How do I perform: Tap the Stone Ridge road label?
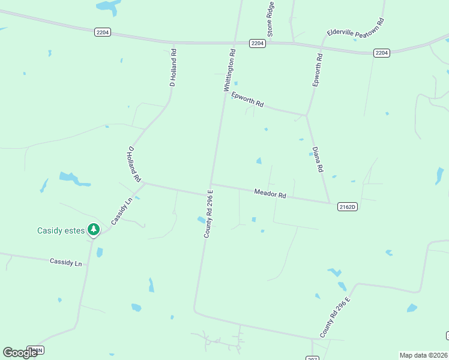(x=271, y=19)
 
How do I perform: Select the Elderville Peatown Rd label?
(x=355, y=28)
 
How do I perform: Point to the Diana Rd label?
(x=318, y=160)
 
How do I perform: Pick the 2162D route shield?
(x=347, y=206)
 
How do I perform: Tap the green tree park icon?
(x=94, y=229)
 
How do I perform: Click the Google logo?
(x=20, y=353)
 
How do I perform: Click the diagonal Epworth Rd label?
(x=247, y=99)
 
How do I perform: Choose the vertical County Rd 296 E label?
(x=208, y=214)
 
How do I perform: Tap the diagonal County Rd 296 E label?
(x=335, y=316)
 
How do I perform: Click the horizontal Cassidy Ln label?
(x=65, y=262)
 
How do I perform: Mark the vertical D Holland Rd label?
(x=173, y=68)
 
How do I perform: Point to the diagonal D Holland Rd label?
(x=134, y=164)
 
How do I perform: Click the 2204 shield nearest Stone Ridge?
(x=258, y=43)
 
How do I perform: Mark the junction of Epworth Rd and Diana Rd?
(x=307, y=115)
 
